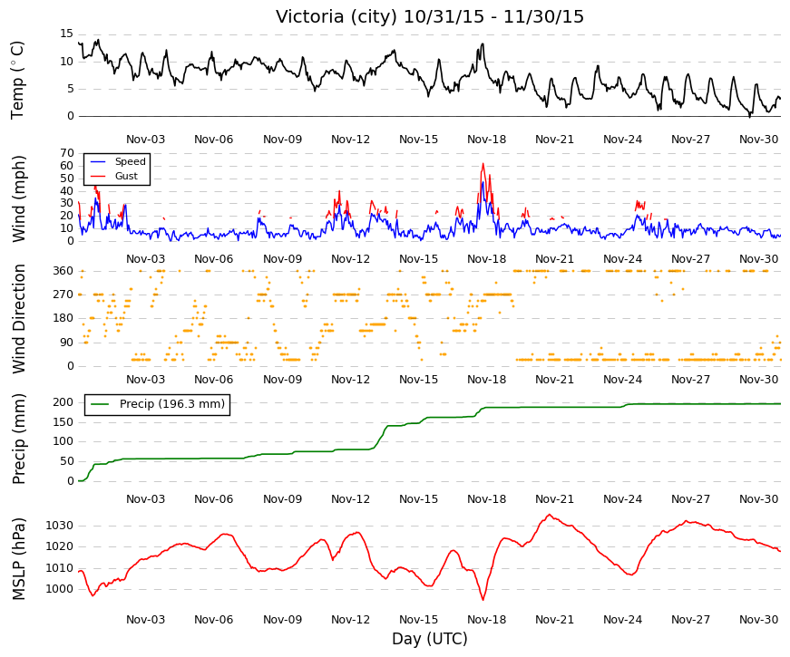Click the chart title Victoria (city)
click(337, 16)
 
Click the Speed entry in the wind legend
click(130, 161)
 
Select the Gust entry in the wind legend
click(126, 176)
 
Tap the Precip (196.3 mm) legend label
click(172, 404)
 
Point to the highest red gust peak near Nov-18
click(483, 164)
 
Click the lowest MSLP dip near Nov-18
click(483, 600)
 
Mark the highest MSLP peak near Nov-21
click(549, 515)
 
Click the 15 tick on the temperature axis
click(66, 34)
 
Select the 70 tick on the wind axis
click(67, 153)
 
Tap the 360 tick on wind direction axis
click(63, 271)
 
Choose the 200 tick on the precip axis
click(63, 402)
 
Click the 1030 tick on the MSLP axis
click(60, 526)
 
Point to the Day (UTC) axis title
click(430, 639)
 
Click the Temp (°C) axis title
click(17, 80)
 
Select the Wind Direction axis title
click(18, 319)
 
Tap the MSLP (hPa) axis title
click(18, 559)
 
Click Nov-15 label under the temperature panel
click(419, 140)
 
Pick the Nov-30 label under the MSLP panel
click(759, 620)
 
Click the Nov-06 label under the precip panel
click(214, 499)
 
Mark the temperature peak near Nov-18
click(483, 44)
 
